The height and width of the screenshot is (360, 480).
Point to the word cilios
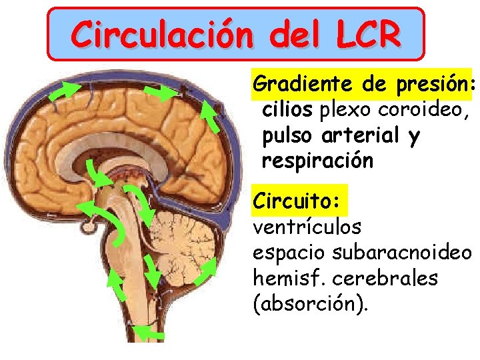(289, 110)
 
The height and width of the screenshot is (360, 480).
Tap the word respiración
(317, 161)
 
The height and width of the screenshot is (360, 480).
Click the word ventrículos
(307, 227)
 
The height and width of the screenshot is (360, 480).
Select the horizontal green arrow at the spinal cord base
(148, 331)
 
